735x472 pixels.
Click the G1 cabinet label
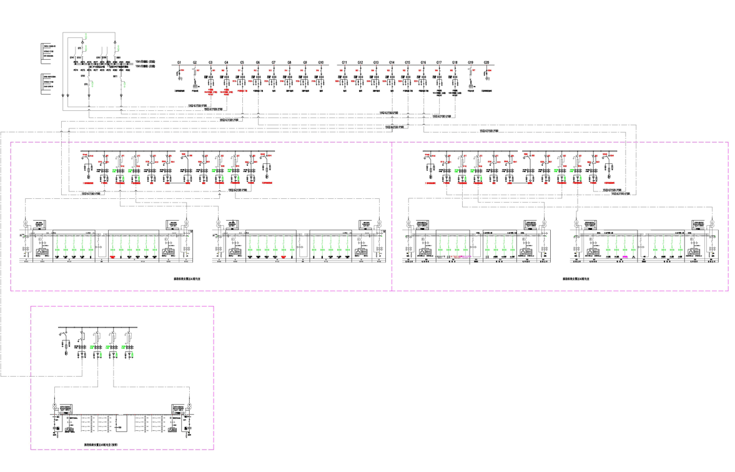pos(179,62)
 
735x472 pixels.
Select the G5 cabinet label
pos(242,62)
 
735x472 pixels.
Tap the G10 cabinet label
pos(321,62)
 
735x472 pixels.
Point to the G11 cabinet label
pos(345,62)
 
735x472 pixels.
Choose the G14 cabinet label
pos(392,62)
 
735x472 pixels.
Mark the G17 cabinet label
pos(439,62)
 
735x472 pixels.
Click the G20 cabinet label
pos(486,62)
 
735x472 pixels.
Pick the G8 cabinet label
pos(290,62)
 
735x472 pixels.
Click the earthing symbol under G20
pos(487,79)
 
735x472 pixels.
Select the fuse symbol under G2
pos(195,77)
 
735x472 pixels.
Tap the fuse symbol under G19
pos(471,77)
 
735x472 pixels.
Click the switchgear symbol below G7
pos(274,80)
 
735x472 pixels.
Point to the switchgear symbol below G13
pos(376,80)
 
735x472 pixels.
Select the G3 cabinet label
pos(210,62)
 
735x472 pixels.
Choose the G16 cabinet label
pos(423,62)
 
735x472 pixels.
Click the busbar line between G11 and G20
pos(415,67)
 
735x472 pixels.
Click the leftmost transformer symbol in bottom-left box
pos(54,407)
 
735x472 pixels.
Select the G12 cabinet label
pos(360,62)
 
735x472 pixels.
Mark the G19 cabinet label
pos(471,62)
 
